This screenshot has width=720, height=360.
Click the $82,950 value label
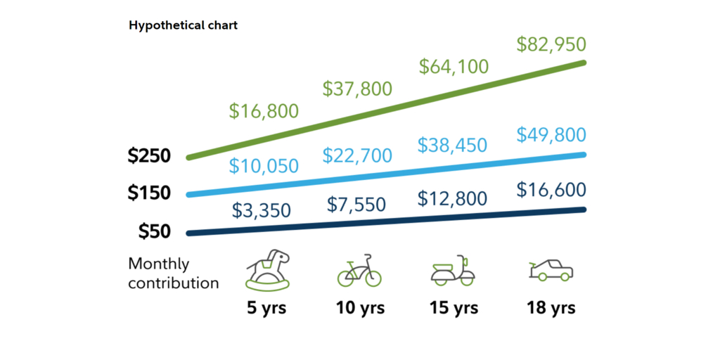[551, 45]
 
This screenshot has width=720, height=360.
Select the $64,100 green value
[454, 67]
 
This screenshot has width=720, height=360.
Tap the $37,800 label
[357, 89]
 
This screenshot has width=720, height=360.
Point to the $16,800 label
[264, 111]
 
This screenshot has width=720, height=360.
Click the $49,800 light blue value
[551, 135]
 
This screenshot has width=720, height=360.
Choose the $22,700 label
[357, 155]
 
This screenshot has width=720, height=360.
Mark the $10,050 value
[264, 166]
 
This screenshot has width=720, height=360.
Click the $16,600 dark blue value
[551, 190]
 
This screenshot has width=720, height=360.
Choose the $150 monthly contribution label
[149, 193]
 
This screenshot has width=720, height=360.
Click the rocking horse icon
[266, 271]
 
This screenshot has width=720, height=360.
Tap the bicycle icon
[359, 271]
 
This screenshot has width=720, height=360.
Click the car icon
[551, 271]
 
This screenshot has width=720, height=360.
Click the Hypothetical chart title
[183, 25]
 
